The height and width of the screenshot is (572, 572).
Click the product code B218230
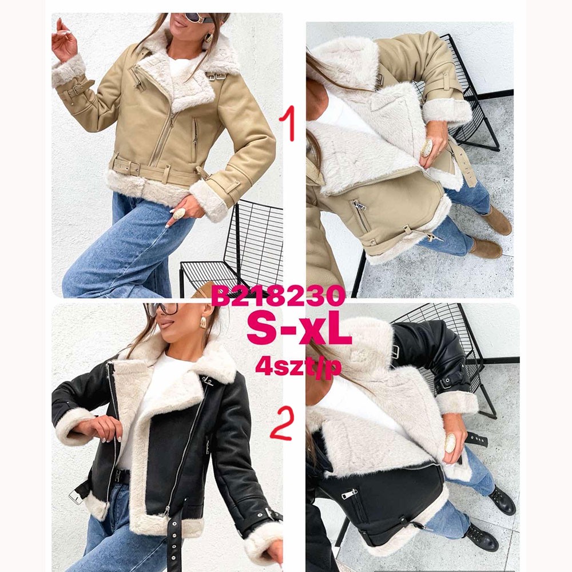point(278,296)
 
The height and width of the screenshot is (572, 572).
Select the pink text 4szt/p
point(299,366)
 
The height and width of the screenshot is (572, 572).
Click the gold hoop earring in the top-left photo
point(208,38)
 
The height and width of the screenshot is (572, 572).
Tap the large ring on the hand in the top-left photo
point(178,213)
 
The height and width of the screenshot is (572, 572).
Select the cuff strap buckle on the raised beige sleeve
point(78,89)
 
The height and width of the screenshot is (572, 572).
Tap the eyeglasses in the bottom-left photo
point(162,309)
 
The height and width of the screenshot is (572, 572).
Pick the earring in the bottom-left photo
point(203,322)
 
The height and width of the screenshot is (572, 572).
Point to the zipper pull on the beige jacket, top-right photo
point(360,206)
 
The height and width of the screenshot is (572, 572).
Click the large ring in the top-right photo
point(426,148)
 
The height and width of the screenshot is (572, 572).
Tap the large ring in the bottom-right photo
point(450,443)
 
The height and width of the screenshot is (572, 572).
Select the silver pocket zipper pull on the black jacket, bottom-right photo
point(349,494)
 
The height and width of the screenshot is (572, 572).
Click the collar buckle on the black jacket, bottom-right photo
point(395,352)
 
